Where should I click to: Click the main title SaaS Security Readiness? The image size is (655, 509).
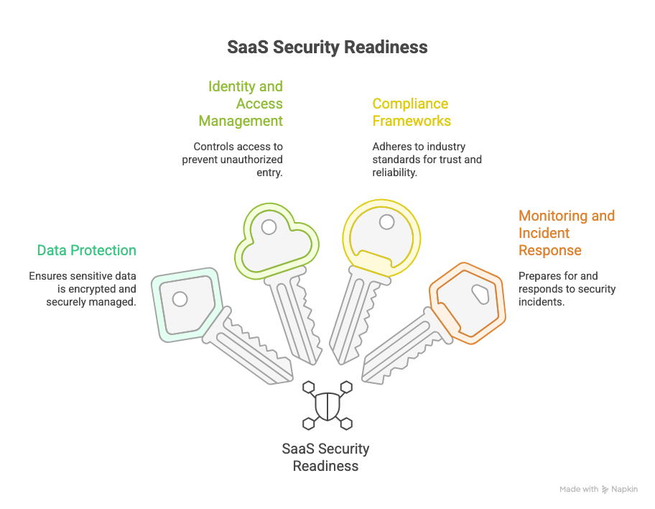[x=327, y=47]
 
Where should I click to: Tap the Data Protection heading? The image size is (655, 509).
[x=86, y=250]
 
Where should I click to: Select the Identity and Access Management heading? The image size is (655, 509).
[x=242, y=104]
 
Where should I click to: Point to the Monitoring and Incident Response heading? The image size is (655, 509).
[x=566, y=233]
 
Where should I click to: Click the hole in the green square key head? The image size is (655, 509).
[x=180, y=298]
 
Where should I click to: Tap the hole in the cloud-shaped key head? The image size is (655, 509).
[x=269, y=227]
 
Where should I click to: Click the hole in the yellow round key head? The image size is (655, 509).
[x=386, y=221]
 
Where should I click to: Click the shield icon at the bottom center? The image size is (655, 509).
[x=327, y=405]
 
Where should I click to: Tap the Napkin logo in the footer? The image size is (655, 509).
[x=619, y=490]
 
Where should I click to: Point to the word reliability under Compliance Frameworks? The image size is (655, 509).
[x=394, y=173]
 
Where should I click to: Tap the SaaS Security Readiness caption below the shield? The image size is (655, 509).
[x=325, y=457]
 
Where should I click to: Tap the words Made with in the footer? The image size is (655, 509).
[x=579, y=490]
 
